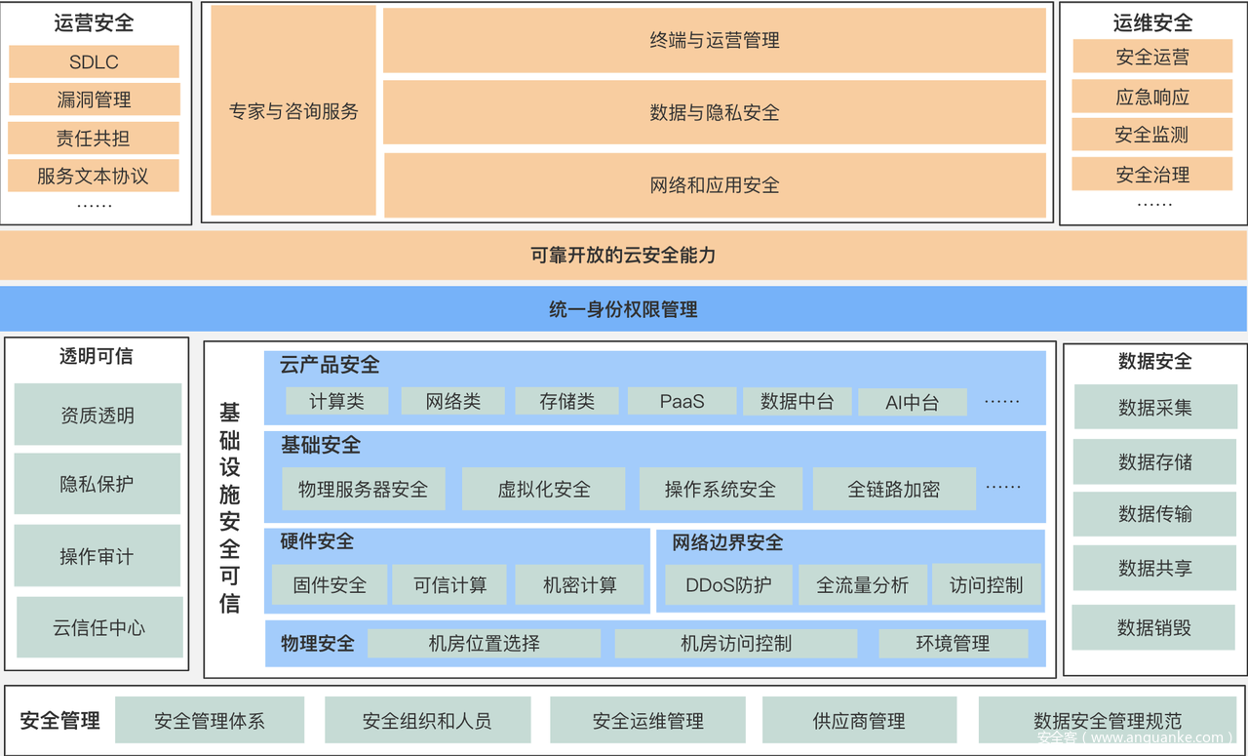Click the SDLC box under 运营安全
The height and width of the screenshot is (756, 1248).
click(94, 61)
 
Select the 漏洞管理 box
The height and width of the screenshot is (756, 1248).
click(94, 99)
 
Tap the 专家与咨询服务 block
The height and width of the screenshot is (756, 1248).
click(293, 110)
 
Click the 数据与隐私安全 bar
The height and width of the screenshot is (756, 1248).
click(715, 112)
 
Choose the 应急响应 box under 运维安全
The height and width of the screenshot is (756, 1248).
click(1152, 97)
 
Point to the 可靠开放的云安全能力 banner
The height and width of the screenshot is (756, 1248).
click(623, 256)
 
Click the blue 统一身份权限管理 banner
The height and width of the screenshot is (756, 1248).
click(623, 310)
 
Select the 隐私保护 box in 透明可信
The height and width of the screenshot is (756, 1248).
click(97, 484)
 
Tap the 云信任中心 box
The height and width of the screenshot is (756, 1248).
click(99, 627)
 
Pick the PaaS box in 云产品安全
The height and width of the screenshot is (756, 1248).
click(682, 401)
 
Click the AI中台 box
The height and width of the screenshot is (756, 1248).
click(912, 402)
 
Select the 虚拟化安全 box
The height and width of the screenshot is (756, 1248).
click(544, 489)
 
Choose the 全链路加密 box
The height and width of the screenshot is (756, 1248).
click(894, 489)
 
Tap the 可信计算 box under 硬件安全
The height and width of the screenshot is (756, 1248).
click(449, 585)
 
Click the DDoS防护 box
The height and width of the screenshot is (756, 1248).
click(728, 585)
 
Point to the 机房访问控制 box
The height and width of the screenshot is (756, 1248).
click(736, 644)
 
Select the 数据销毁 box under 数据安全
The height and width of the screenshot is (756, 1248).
click(1154, 627)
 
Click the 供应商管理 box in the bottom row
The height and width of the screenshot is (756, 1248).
click(859, 721)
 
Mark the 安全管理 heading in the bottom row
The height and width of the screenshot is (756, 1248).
click(60, 721)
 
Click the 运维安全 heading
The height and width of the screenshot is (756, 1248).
click(1152, 22)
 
